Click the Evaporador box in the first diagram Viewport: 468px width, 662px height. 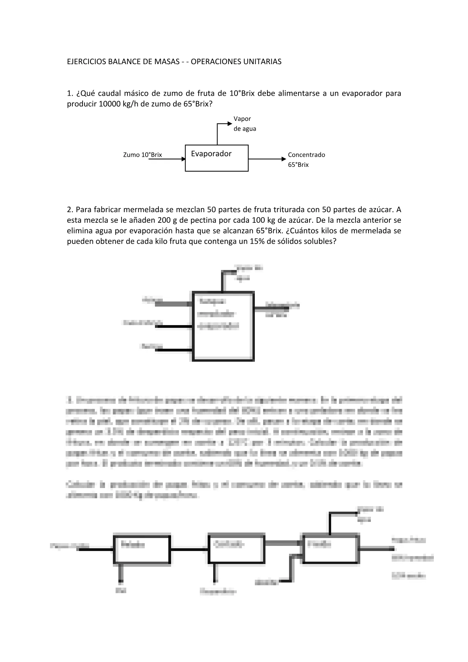[x=217, y=158]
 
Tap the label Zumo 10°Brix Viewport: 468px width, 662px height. [x=142, y=155]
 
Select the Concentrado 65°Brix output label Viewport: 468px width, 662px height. [x=306, y=159]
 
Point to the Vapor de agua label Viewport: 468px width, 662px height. [x=245, y=124]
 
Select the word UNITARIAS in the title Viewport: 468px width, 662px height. [x=264, y=62]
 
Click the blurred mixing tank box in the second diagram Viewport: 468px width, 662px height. [x=223, y=326]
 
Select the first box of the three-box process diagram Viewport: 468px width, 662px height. [x=142, y=549]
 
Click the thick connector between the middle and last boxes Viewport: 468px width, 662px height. [x=282, y=543]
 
